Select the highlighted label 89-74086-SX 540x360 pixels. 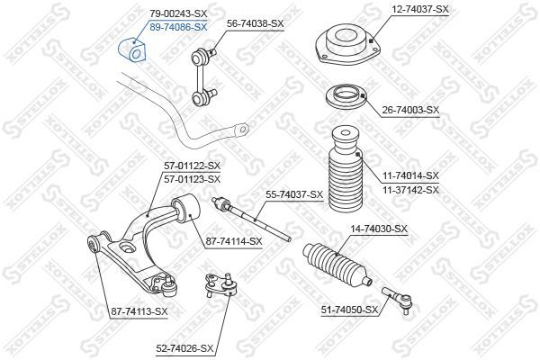(x=178, y=28)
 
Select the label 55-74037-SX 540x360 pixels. (x=293, y=194)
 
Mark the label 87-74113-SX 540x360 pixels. (x=139, y=310)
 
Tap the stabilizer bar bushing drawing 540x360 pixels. (x=131, y=52)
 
